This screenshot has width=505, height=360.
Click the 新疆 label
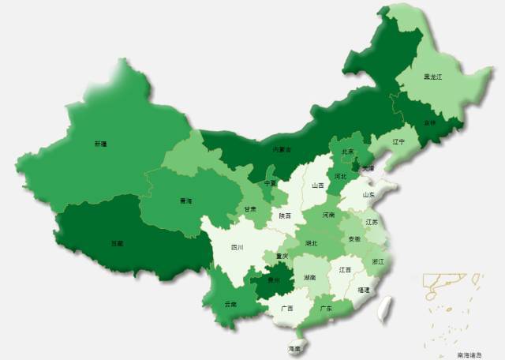[100, 144]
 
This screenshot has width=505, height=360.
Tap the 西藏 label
[117, 243]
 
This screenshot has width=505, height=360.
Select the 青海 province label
[185, 201]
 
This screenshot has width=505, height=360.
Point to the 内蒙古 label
[282, 148]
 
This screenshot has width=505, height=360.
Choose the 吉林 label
[429, 122]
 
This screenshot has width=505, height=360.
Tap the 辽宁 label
[398, 142]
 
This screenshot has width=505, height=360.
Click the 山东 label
[368, 194]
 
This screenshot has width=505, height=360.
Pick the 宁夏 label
[271, 183]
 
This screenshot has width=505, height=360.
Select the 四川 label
[237, 248]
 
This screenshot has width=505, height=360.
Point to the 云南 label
[230, 304]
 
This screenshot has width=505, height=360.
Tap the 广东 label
[325, 309]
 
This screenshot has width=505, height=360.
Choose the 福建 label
[363, 290]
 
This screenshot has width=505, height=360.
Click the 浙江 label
[379, 261]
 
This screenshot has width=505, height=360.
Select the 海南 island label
[294, 348]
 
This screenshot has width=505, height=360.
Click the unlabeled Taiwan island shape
[386, 307]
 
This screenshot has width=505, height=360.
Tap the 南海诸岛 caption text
[473, 355]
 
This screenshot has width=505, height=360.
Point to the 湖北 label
[312, 243]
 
